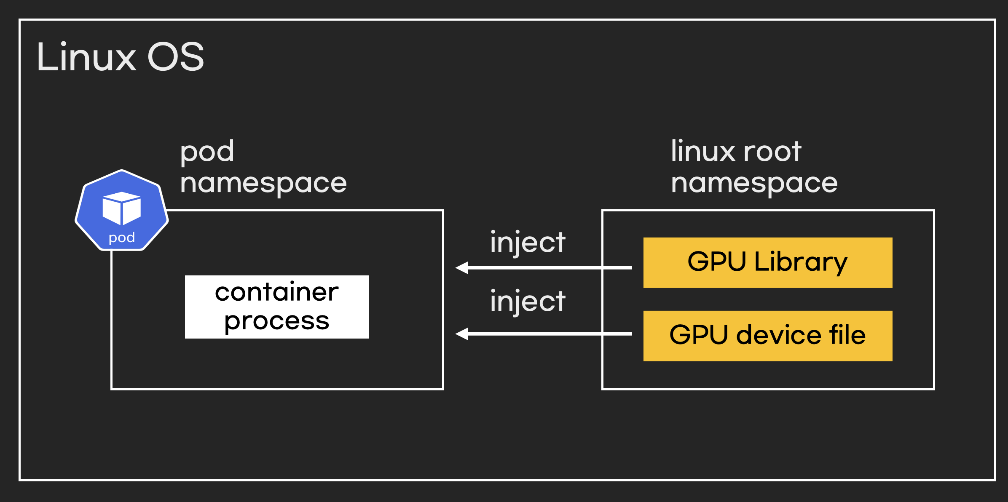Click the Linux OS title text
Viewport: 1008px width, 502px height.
120,57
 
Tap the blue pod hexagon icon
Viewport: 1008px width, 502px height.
122,210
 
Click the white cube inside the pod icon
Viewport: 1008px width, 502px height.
122,208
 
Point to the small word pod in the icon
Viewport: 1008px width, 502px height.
122,238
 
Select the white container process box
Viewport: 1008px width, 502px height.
277,307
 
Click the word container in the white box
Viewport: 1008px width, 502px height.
277,292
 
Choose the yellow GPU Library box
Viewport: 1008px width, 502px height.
767,263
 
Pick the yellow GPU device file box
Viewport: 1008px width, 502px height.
767,336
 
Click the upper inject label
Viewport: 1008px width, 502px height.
527,243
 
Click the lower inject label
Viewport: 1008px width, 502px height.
527,302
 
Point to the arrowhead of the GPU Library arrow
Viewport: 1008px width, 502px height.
462,267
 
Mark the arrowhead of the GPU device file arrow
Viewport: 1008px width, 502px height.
462,334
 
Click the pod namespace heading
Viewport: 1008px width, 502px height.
263,167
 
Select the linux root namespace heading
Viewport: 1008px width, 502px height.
754,167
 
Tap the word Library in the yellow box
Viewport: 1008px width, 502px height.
801,262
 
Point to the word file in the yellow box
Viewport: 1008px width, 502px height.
847,335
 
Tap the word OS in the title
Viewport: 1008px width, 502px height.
176,57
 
